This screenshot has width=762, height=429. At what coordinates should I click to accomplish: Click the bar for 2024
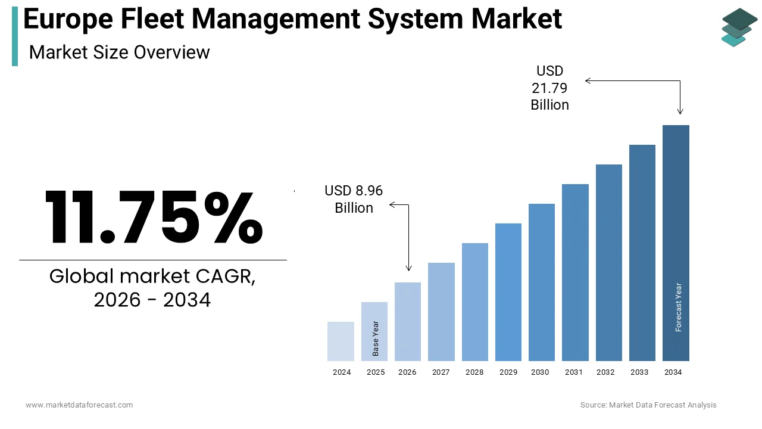[341, 341]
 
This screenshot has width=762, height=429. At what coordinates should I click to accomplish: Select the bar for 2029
[508, 292]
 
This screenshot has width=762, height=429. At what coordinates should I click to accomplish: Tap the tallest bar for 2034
[676, 243]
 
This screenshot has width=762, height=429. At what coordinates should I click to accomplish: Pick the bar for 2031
[575, 272]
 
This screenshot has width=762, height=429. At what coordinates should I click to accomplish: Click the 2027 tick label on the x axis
[441, 372]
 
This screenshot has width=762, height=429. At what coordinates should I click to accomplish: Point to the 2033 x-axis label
[639, 372]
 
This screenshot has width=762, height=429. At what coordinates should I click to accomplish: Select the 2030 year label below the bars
[540, 372]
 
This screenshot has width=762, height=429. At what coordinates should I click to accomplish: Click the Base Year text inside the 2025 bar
[376, 338]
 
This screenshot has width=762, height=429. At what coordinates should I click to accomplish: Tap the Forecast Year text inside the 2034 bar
[679, 307]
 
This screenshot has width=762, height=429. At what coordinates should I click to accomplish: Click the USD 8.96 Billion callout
[354, 199]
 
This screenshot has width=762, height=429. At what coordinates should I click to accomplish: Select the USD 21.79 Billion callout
[549, 88]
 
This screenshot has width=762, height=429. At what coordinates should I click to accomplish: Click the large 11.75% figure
[154, 217]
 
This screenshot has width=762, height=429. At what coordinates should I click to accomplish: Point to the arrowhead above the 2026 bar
[408, 269]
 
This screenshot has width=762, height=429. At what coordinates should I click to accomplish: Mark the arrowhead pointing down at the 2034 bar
[680, 111]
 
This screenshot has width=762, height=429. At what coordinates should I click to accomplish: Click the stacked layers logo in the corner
[739, 27]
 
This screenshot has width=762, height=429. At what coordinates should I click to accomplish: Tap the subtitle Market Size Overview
[119, 52]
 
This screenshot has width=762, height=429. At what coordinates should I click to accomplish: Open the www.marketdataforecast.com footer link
[79, 405]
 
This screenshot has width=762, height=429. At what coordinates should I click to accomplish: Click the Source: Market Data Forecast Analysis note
[648, 405]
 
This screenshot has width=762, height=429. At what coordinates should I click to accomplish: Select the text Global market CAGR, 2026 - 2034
[152, 288]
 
